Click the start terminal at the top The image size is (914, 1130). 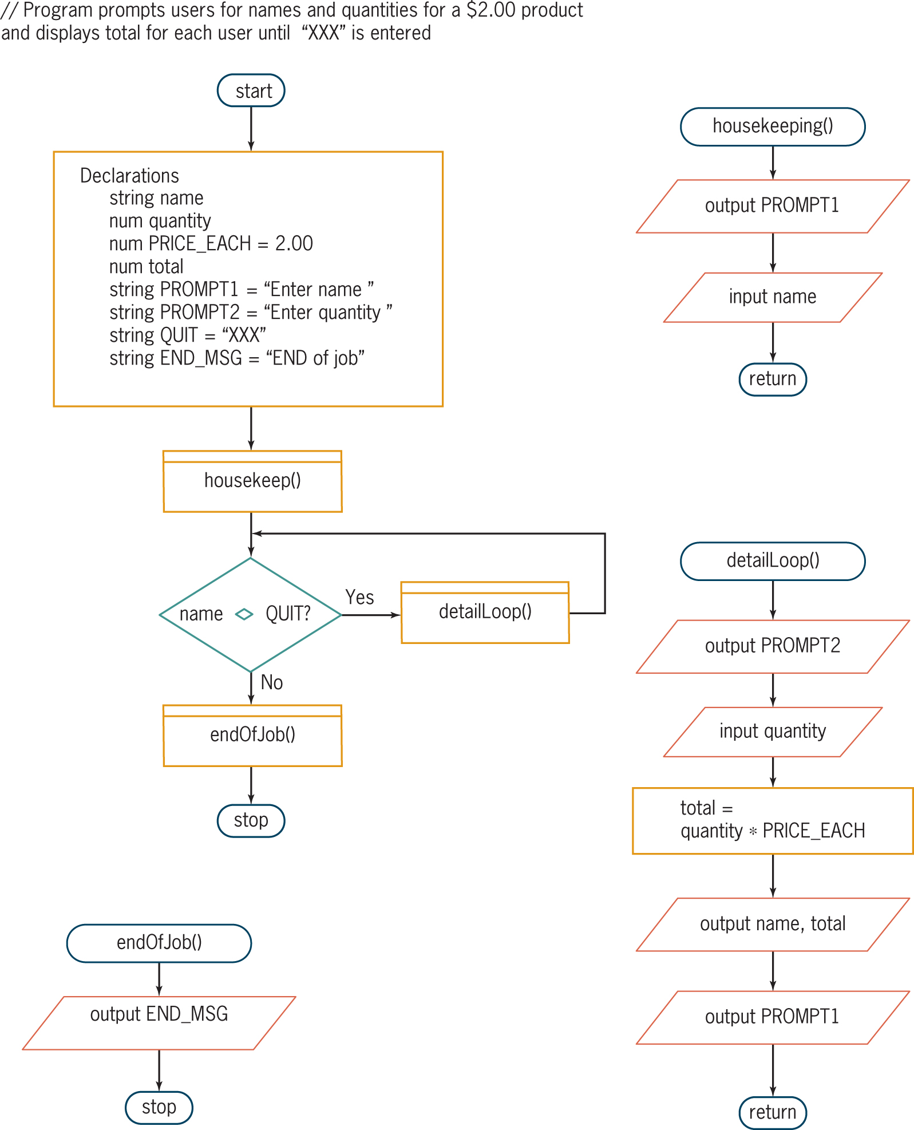[251, 90]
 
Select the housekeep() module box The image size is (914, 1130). [252, 481]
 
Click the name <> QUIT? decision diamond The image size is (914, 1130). [250, 614]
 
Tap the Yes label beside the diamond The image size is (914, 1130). [359, 597]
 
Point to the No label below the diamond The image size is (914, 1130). [271, 682]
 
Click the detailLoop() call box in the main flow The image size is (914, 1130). [485, 612]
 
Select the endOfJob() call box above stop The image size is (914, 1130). [252, 735]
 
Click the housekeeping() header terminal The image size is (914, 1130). [772, 126]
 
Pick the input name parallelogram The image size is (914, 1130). [772, 297]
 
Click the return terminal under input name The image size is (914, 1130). [772, 379]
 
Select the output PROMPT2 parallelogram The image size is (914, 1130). [772, 646]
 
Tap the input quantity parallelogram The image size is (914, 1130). [772, 732]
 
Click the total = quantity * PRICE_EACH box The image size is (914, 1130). [772, 820]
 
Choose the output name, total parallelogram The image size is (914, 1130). [772, 924]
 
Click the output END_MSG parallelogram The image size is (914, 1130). [159, 1022]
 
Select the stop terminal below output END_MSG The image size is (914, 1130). [159, 1107]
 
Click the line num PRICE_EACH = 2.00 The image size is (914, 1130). [211, 243]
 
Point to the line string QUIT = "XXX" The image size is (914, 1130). [187, 335]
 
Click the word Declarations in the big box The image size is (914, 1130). [129, 175]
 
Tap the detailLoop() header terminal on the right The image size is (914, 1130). [772, 560]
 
